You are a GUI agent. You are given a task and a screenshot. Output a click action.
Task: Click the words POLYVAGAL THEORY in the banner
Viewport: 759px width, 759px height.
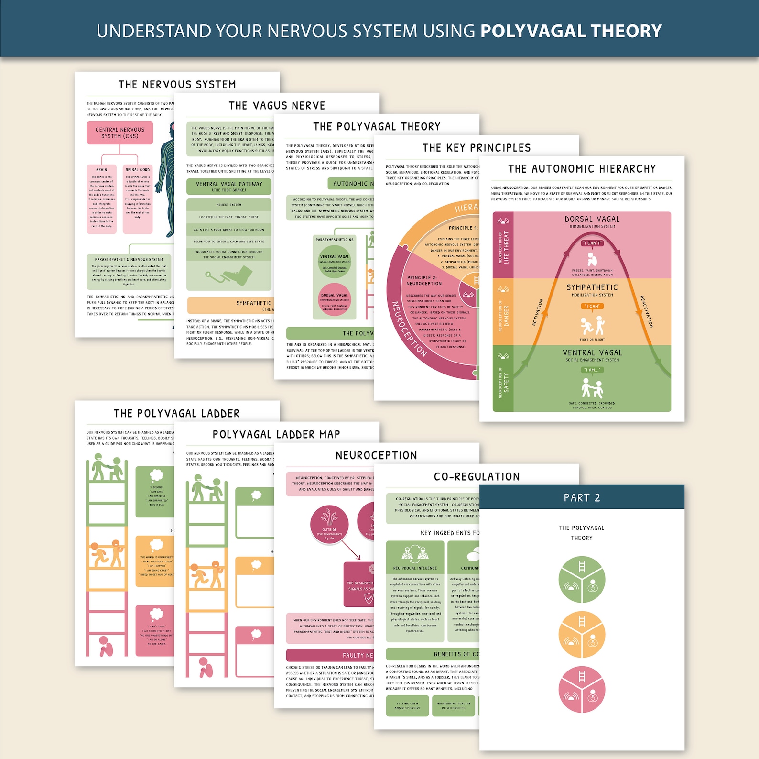click(571, 31)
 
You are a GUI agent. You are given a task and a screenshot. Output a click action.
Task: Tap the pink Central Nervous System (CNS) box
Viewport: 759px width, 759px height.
click(120, 133)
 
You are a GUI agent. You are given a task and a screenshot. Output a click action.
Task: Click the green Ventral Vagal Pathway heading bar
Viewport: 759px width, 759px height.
click(229, 187)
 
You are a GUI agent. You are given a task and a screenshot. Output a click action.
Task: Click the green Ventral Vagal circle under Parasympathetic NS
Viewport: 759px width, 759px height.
click(335, 262)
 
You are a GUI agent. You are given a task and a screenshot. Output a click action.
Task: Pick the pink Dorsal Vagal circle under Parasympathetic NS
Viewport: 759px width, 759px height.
click(335, 300)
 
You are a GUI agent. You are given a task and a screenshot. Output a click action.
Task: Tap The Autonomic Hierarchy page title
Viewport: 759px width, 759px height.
click(582, 169)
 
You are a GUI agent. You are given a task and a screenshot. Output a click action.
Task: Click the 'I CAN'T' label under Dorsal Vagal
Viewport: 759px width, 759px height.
click(592, 243)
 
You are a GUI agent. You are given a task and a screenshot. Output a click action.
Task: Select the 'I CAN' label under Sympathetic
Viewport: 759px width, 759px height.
click(592, 306)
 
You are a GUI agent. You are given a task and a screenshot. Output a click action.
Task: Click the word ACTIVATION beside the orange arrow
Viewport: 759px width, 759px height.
click(538, 312)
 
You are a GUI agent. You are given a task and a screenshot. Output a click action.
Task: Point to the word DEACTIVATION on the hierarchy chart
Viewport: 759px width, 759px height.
click(646, 311)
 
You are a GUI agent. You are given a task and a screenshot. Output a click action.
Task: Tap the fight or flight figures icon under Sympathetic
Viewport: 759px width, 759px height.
click(592, 326)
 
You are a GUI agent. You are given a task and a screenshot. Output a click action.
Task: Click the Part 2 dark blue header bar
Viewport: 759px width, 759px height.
click(582, 497)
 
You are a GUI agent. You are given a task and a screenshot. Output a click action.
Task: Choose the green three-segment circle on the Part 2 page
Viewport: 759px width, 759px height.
click(582, 579)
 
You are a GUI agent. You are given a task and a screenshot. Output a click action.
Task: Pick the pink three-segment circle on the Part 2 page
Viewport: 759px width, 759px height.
click(582, 690)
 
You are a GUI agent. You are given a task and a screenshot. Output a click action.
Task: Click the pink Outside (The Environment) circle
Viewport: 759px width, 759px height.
click(329, 524)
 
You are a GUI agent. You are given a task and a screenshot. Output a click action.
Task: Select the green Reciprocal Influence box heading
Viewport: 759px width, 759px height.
click(415, 568)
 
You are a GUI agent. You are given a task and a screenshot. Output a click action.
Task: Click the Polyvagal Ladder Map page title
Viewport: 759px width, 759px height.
click(276, 435)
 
